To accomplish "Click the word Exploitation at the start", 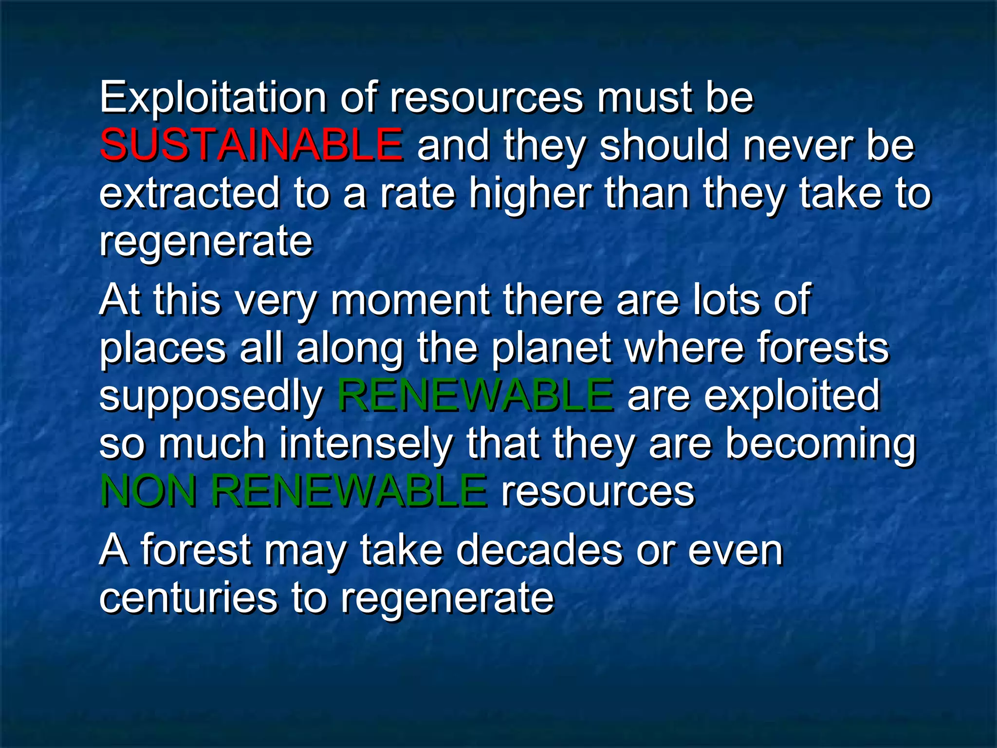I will [213, 98].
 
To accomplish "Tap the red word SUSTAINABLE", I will [251, 145].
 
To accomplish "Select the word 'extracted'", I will [190, 193].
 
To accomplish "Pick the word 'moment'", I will [410, 300].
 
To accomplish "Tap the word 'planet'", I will [551, 348].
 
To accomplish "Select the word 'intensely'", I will [366, 444].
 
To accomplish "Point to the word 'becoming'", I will [821, 445].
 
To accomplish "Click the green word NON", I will [148, 491].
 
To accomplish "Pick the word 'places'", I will [163, 349].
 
